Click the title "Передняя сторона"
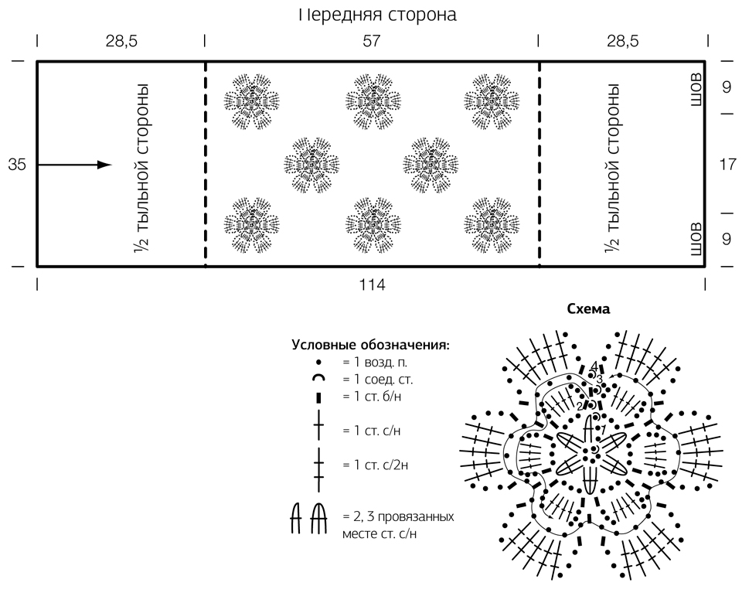pyautogui.click(x=377, y=14)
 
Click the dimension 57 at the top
pyautogui.click(x=372, y=41)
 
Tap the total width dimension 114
pyautogui.click(x=372, y=285)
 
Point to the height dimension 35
pyautogui.click(x=17, y=165)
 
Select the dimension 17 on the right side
pyautogui.click(x=728, y=164)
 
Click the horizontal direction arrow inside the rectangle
pyautogui.click(x=75, y=165)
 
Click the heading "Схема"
pyautogui.click(x=588, y=309)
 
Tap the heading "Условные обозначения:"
pyautogui.click(x=370, y=345)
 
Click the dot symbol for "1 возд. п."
pyautogui.click(x=319, y=362)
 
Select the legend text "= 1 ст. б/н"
pyautogui.click(x=372, y=396)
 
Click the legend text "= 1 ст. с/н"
pyautogui.click(x=372, y=431)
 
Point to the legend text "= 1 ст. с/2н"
pyautogui.click(x=376, y=465)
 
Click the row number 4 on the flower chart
pyautogui.click(x=594, y=366)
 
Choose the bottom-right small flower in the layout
pyautogui.click(x=492, y=225)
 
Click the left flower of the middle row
pyautogui.click(x=311, y=165)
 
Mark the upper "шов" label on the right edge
pyautogui.click(x=696, y=90)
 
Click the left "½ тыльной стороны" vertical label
pyautogui.click(x=141, y=169)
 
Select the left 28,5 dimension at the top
pyautogui.click(x=121, y=41)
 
